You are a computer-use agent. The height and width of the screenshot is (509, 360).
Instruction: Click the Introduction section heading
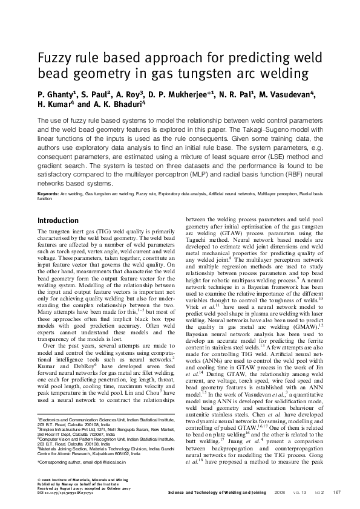click(x=59, y=221)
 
